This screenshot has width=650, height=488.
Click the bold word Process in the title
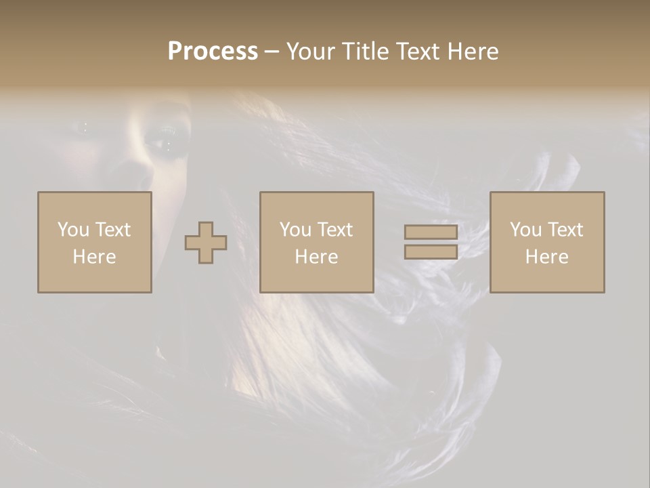click(213, 52)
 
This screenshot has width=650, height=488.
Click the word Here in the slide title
click(473, 52)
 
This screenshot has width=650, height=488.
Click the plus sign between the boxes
click(206, 243)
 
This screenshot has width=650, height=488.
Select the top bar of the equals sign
click(431, 232)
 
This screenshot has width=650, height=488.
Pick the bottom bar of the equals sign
click(431, 251)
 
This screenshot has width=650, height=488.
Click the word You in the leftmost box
click(72, 230)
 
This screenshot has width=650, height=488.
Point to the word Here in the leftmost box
click(94, 257)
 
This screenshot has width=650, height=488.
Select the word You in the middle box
click(295, 230)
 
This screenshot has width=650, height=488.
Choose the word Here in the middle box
click(316, 257)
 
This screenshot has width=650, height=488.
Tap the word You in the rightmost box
click(525, 230)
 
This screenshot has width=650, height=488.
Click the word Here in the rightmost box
click(546, 257)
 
